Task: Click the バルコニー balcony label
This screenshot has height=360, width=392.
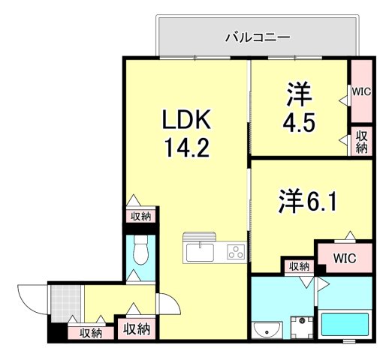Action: click(x=258, y=36)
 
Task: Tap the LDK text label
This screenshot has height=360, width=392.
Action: click(x=188, y=119)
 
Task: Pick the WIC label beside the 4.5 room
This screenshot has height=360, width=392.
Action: click(x=361, y=91)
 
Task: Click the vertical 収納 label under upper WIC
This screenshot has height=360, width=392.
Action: click(x=361, y=142)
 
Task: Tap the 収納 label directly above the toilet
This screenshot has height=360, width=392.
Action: click(x=140, y=217)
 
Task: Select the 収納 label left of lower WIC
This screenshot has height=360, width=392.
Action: click(x=297, y=266)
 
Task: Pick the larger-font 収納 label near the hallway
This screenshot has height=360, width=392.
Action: click(x=136, y=328)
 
